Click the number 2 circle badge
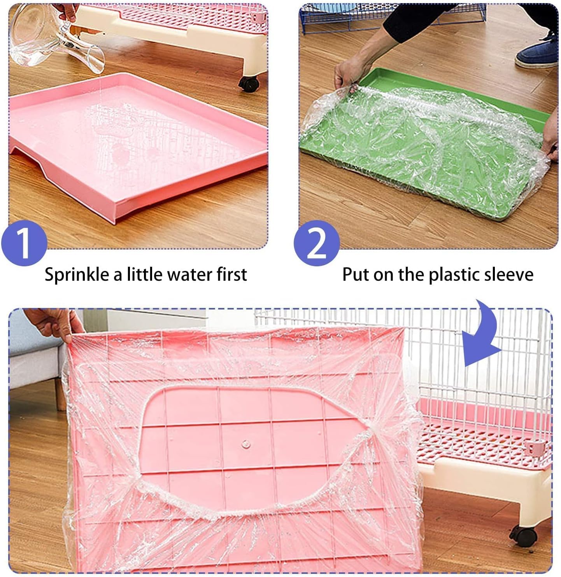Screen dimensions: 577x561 316,243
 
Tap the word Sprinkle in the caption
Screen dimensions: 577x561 77,275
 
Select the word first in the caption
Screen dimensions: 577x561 231,274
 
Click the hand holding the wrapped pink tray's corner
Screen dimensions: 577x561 54,323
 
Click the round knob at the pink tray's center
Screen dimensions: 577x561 245,443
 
